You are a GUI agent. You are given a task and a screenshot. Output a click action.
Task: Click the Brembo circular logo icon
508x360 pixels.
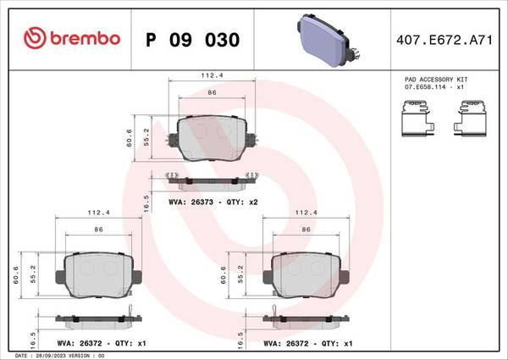[32, 38]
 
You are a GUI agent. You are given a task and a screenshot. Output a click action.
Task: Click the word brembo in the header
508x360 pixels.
[83, 39]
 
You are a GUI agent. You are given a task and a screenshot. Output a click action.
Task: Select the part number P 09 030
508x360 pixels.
[192, 40]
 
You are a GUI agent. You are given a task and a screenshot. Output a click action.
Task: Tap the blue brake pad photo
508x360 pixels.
[329, 39]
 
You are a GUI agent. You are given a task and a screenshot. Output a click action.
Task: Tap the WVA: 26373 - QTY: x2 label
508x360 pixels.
[213, 202]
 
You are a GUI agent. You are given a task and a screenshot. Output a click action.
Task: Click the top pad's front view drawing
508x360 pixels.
[213, 138]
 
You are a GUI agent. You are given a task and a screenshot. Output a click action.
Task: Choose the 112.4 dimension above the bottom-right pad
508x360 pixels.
[304, 213]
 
